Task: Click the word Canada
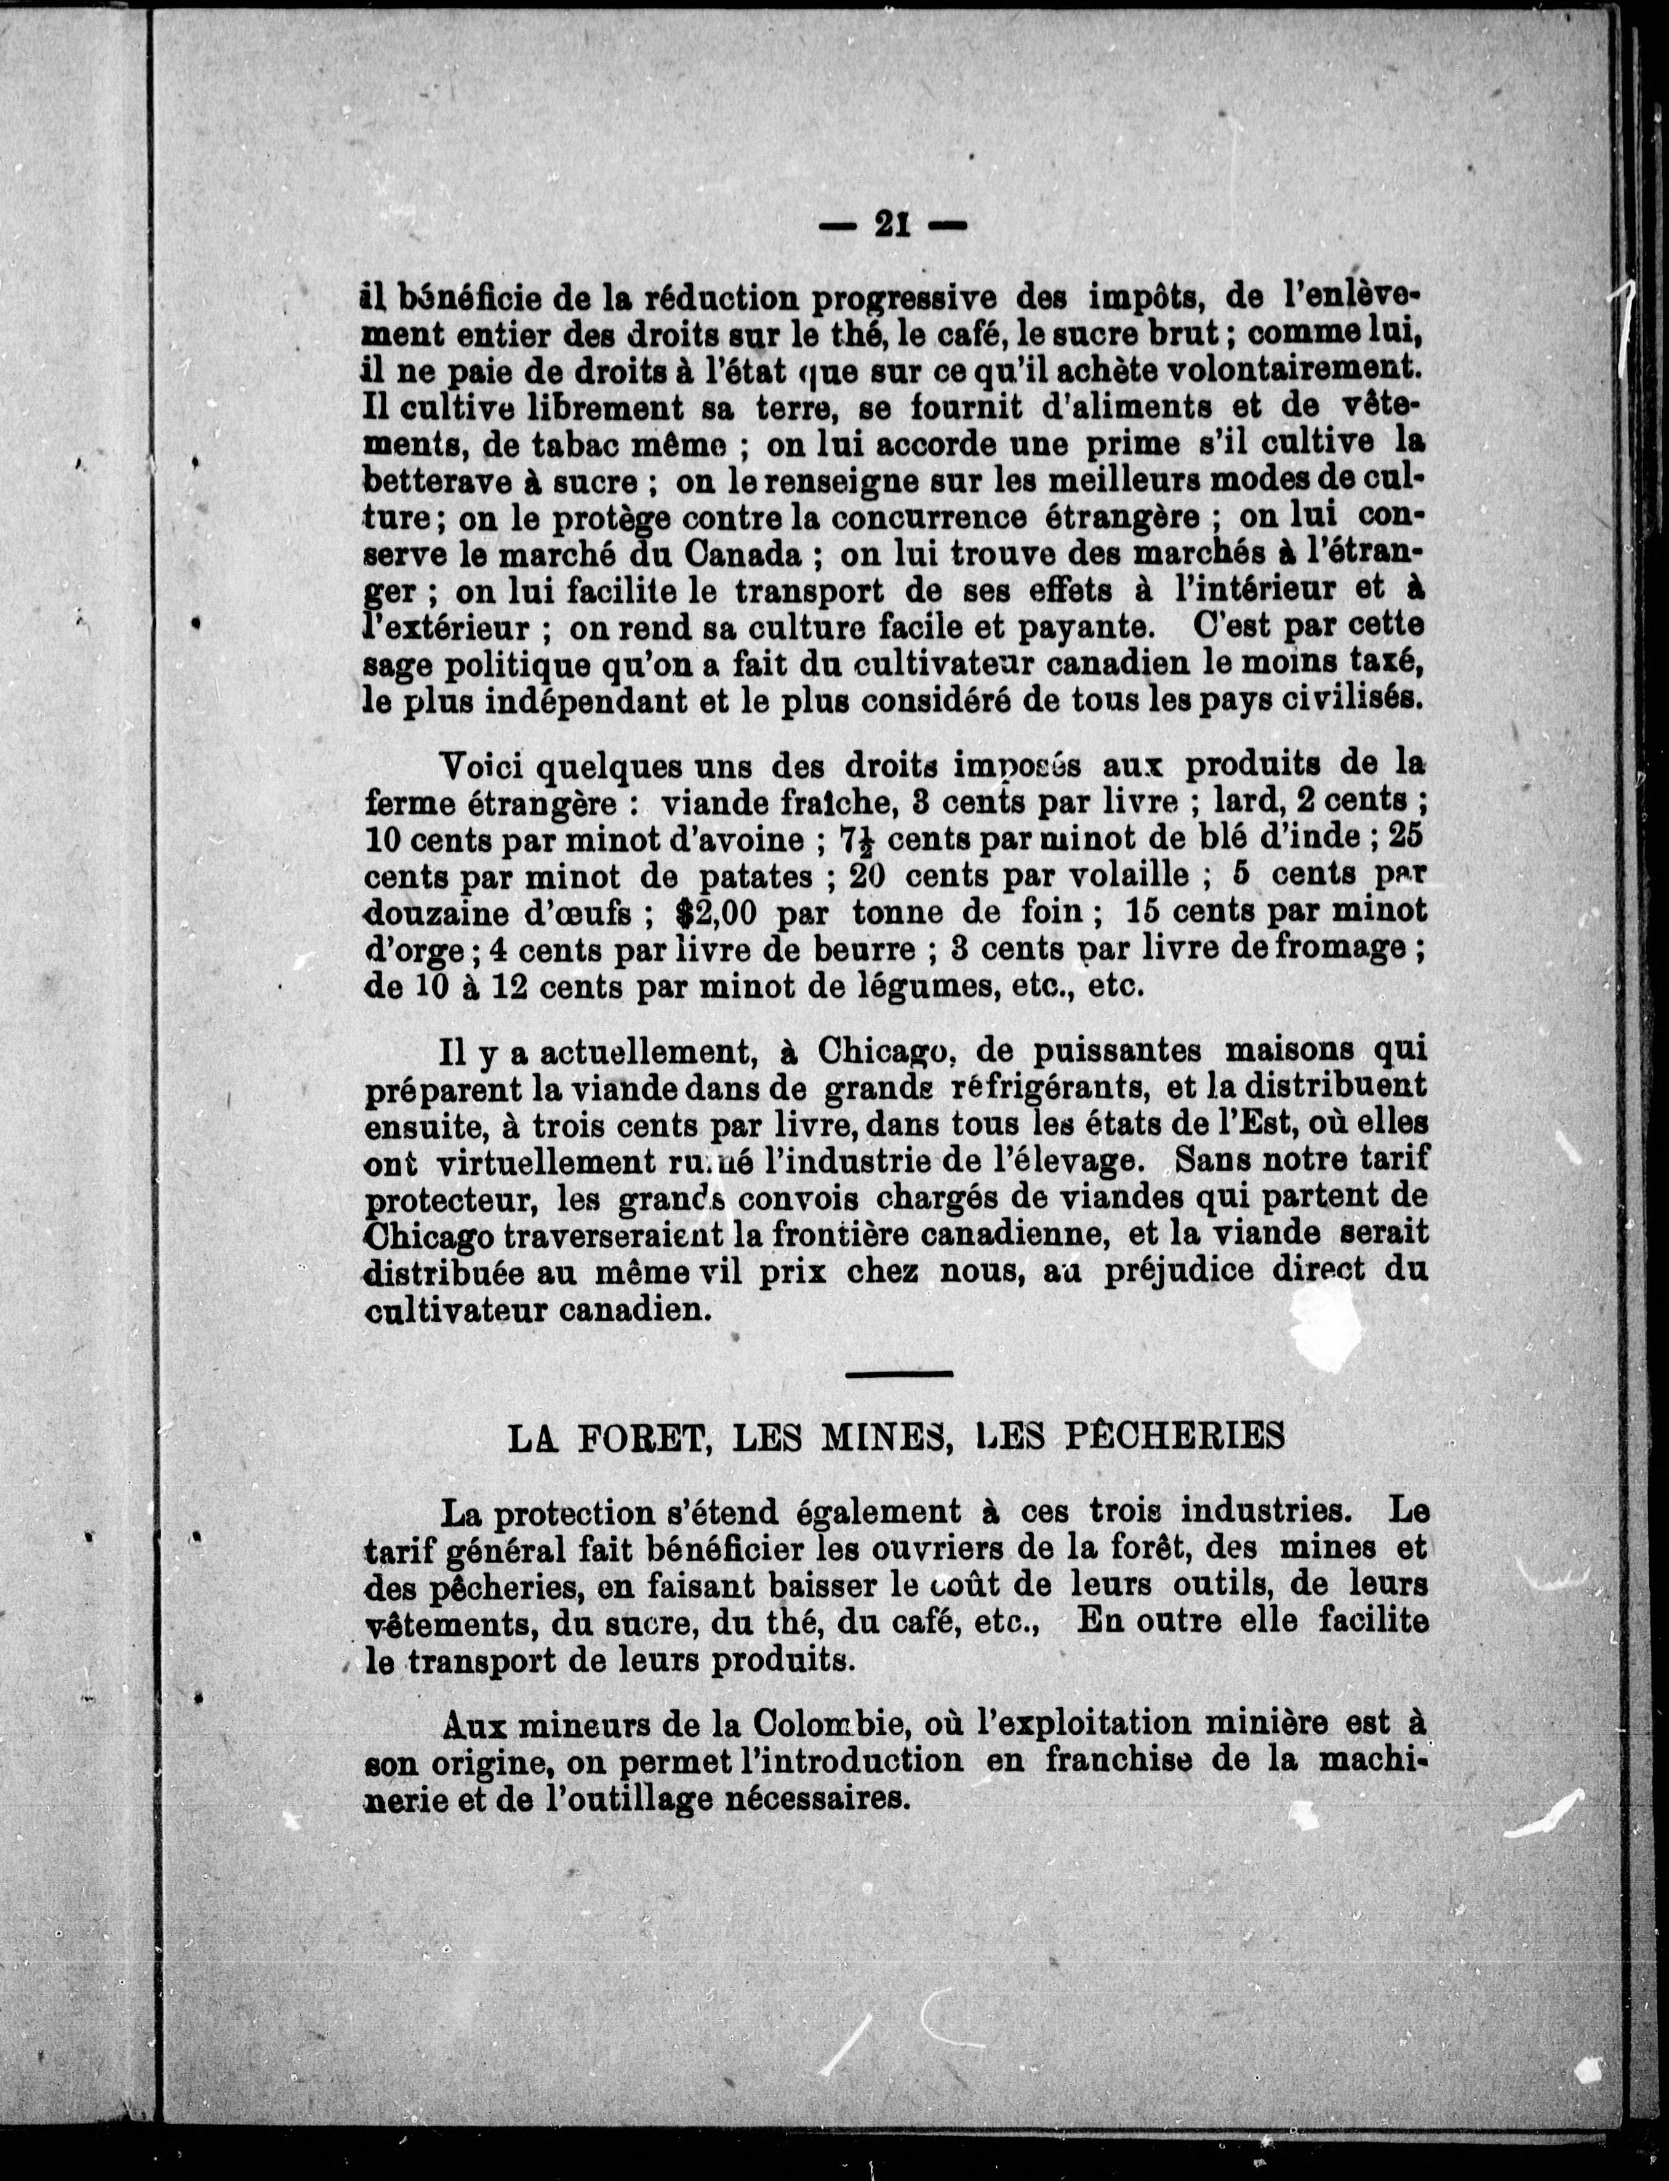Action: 742,554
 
